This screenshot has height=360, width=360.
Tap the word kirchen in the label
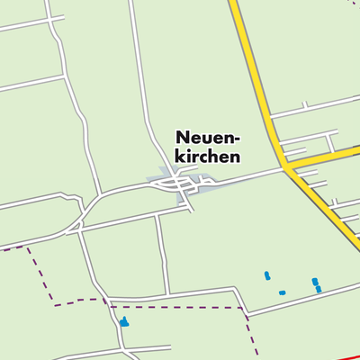point(207,156)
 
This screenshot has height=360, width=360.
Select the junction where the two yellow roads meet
point(287,167)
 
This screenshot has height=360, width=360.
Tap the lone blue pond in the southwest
point(123,320)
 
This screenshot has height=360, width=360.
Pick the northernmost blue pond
point(266,275)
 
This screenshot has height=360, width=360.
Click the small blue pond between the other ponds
point(282,292)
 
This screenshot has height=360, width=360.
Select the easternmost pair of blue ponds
point(316,285)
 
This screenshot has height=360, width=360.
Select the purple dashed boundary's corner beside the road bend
point(243,308)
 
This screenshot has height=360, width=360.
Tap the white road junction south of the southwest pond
point(121,347)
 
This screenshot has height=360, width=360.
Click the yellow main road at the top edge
point(233,4)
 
